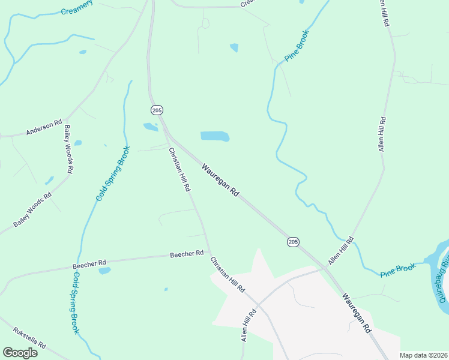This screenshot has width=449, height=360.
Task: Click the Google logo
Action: [20, 352]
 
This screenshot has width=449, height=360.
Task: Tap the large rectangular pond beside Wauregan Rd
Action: [214, 136]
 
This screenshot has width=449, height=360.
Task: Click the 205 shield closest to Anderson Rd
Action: [157, 110]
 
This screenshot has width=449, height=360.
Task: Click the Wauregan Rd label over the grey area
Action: [357, 313]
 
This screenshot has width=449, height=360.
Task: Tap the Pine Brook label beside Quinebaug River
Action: [397, 270]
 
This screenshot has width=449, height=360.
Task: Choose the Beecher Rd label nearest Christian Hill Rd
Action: [187, 254]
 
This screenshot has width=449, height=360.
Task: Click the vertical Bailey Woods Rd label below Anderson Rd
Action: [68, 149]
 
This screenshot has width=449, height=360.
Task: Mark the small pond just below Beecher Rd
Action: [104, 271]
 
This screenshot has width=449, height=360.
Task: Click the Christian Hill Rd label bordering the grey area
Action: [228, 274]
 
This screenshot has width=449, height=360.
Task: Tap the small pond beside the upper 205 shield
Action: [150, 127]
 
